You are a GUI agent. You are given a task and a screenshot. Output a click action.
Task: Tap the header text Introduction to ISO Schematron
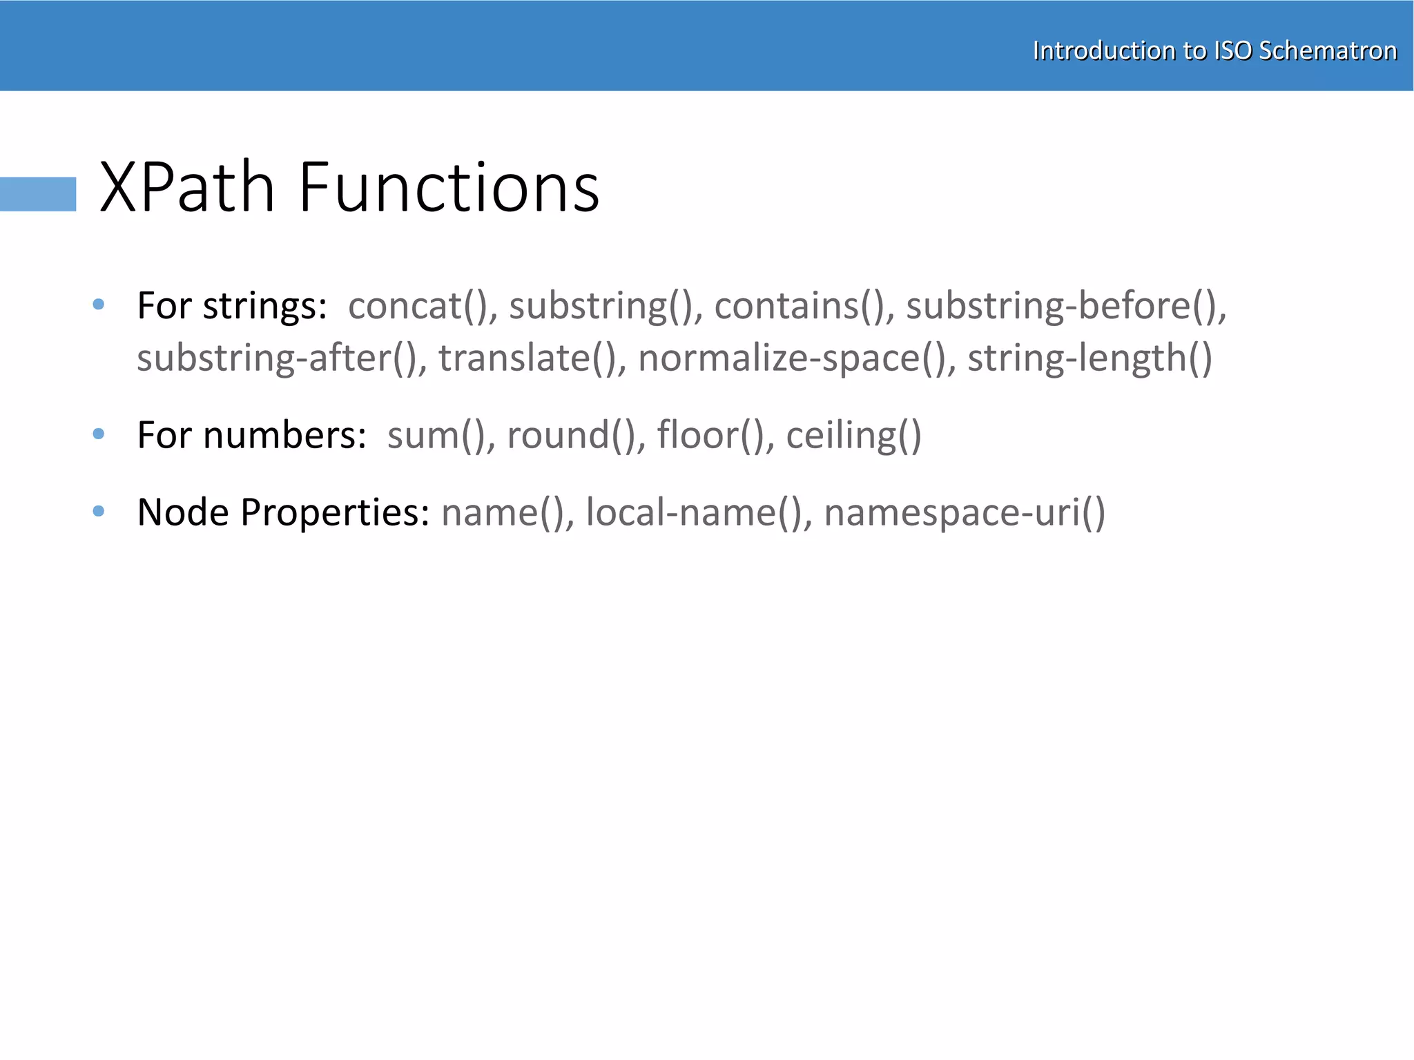pos(1214,50)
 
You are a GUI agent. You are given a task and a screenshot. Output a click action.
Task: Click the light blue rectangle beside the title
pos(38,194)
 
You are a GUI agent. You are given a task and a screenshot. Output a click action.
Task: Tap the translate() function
pos(527,358)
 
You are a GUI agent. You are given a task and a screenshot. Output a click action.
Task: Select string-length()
pos(1089,358)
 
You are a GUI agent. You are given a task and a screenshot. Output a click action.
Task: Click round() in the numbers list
pos(572,435)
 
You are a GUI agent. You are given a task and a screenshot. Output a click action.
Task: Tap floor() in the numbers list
pos(711,435)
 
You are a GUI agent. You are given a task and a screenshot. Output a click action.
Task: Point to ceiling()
pos(853,435)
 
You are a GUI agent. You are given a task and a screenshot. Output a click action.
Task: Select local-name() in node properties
pos(695,512)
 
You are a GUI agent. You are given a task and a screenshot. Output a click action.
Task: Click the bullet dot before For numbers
pos(99,434)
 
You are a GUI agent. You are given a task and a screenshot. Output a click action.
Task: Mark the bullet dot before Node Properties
pos(99,511)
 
